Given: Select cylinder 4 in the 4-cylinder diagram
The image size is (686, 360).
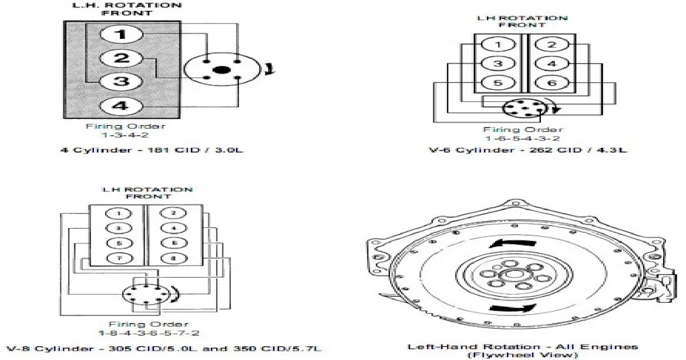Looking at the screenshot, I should pos(120,106).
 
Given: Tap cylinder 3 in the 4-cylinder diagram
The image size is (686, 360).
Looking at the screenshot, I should pos(120,81).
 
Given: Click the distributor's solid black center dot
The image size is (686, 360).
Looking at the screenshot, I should pos(221,70).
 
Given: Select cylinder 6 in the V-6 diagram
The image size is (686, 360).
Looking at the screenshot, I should pos(551,83).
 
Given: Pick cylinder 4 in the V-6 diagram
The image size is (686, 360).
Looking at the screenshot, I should pos(551,64).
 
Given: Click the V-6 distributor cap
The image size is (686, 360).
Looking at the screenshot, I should pos(519,108).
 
